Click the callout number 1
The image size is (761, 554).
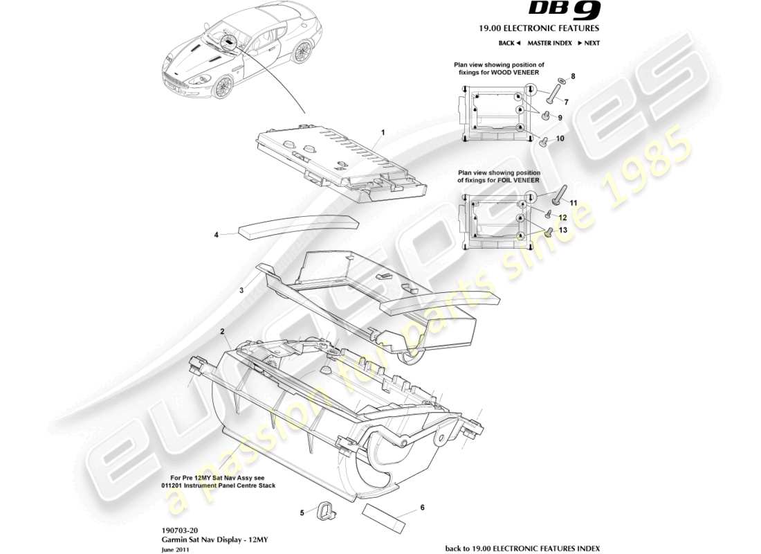(x=382, y=132)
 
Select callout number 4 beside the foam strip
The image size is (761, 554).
(x=216, y=235)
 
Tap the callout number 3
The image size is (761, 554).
(x=242, y=292)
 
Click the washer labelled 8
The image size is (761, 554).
(x=561, y=81)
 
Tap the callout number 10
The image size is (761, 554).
(x=560, y=138)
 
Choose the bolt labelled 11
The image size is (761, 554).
(x=559, y=190)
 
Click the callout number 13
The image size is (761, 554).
(x=562, y=229)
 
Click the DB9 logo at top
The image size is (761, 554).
(x=565, y=10)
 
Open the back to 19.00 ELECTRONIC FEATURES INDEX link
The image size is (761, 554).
(x=522, y=548)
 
